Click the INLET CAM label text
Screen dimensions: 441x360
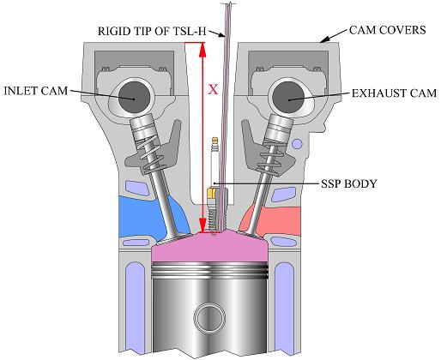[36, 91]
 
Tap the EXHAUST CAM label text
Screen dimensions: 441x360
[394, 93]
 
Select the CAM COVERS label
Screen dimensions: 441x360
[388, 30]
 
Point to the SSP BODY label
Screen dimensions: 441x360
[349, 183]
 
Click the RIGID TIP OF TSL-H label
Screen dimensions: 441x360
[152, 31]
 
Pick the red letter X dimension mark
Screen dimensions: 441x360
[213, 90]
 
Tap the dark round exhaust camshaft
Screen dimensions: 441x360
[288, 98]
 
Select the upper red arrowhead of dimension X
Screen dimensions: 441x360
[202, 50]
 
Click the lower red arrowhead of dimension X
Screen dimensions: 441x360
[202, 225]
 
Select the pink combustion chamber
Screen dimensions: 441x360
[210, 246]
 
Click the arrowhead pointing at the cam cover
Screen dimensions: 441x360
[324, 40]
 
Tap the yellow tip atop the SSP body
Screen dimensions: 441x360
[214, 140]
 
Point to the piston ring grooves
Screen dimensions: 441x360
[210, 271]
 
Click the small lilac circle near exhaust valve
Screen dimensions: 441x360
[298, 143]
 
